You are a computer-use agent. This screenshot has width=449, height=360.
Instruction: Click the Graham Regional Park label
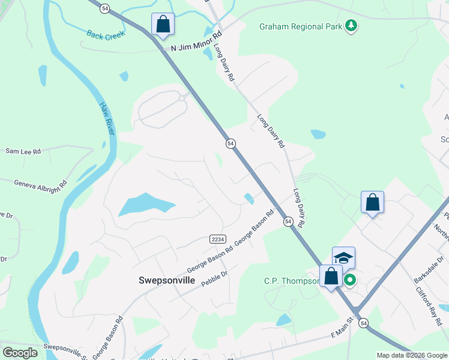coord(300,26)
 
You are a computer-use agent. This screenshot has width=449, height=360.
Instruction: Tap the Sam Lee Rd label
coord(23,152)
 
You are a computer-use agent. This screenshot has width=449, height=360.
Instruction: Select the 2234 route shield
coord(218,239)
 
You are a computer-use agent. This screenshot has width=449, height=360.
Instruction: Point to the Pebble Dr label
coord(214,278)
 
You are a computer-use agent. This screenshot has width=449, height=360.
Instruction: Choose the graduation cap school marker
coord(343,258)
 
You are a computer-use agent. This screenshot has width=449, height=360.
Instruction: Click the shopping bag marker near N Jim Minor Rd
coord(163,25)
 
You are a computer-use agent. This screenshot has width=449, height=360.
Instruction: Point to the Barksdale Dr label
coord(431,269)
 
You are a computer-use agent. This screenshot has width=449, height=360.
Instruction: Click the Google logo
coord(20,353)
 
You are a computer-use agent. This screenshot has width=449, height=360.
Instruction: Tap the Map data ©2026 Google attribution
coord(412,355)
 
